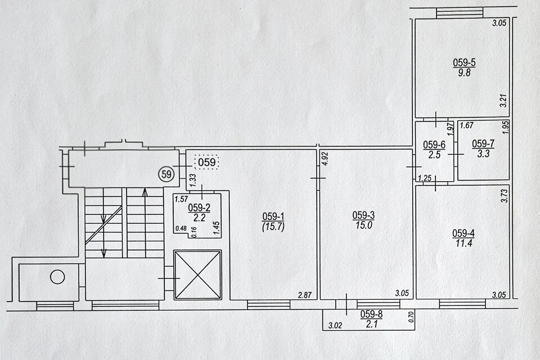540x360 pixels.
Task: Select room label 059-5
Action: coord(464,62)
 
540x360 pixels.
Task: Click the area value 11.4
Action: coord(463,244)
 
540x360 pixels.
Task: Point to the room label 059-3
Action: coord(363,215)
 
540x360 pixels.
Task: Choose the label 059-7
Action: coord(483,143)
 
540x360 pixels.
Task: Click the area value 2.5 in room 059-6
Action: coord(434,155)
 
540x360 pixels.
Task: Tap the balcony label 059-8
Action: coord(371,314)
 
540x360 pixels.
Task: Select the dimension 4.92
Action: coord(326,159)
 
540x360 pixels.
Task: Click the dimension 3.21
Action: coord(503,100)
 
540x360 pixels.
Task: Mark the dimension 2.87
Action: coord(305,295)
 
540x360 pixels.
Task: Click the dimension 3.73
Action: coord(504,195)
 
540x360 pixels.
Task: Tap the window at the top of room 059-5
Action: coord(460,13)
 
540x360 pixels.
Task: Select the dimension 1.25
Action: coord(425,178)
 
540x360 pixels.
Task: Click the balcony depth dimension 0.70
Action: coord(411,317)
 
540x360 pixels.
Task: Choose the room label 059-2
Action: coord(199,208)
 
